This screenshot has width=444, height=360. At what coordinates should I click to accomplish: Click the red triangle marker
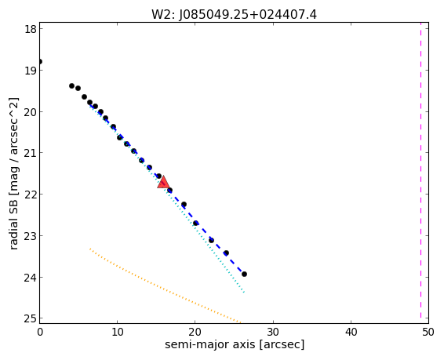click(x=163, y=183)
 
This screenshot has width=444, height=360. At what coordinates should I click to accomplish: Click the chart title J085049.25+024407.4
click(x=248, y=14)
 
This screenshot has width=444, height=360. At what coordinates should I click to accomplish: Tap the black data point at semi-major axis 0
click(x=40, y=61)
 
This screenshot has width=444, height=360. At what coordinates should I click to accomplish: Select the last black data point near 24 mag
click(x=244, y=274)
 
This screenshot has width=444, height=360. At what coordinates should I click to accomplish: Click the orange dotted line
click(x=165, y=285)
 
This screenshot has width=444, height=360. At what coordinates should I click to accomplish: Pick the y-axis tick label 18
click(x=30, y=29)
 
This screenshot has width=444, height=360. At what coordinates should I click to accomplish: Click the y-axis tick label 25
click(x=30, y=318)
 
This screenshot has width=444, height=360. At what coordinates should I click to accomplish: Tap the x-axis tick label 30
click(x=273, y=332)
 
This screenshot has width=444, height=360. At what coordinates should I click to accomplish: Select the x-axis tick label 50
click(x=428, y=332)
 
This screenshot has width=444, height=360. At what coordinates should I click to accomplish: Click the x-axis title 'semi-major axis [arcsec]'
click(x=235, y=345)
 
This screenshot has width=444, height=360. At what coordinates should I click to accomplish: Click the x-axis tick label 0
click(x=40, y=332)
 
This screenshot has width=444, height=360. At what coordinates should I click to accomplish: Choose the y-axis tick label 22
click(x=30, y=195)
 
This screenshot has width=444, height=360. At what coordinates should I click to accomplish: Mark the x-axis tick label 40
click(x=351, y=332)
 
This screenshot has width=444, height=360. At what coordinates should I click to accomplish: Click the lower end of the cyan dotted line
click(x=244, y=292)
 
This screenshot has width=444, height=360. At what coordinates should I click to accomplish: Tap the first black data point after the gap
click(x=71, y=85)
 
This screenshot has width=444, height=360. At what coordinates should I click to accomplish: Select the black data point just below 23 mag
click(x=211, y=240)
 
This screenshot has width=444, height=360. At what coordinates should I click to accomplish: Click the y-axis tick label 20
click(x=30, y=111)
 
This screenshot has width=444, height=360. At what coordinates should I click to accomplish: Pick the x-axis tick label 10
click(x=117, y=332)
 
